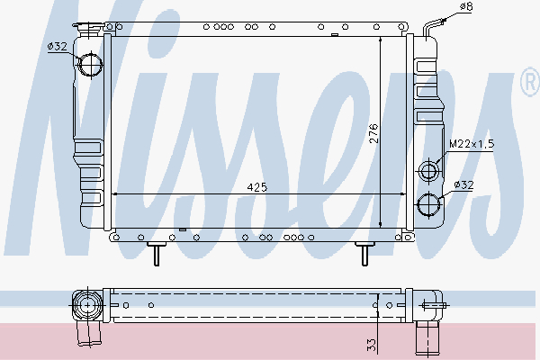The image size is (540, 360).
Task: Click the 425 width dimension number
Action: pos(257,187)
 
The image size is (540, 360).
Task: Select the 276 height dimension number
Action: pos(373,134)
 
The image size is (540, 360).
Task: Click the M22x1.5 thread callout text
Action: pos(472,144)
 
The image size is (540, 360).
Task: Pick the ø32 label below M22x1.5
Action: pos(464,184)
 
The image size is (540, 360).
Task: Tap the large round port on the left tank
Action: pos(91,65)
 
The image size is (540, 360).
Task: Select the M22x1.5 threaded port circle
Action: pos(429,170)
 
